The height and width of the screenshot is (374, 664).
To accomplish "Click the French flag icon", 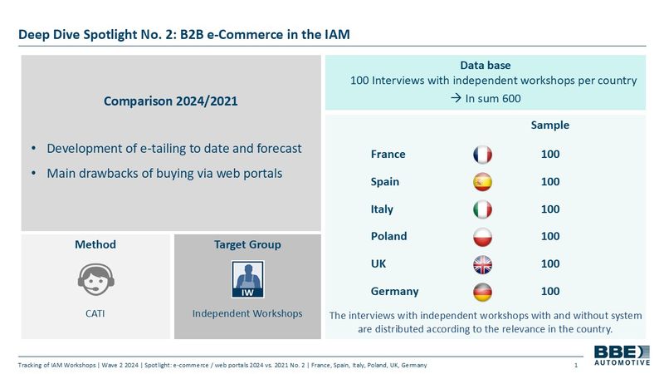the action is tap(482, 155).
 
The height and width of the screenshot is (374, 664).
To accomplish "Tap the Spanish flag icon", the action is tap(482, 182).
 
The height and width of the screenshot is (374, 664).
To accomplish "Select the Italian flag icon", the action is tap(482, 209).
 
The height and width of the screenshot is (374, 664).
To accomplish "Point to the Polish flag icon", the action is tap(482, 237).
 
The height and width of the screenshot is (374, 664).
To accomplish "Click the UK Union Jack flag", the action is tap(482, 264).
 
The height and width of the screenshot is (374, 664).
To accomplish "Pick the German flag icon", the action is tap(482, 293).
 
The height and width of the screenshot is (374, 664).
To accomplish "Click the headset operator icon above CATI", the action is tap(95, 279).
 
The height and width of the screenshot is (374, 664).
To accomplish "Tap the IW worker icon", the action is tap(247, 279).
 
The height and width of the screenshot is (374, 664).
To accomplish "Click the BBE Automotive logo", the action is tap(622, 356).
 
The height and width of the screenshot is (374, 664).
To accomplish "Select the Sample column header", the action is tap(550, 125).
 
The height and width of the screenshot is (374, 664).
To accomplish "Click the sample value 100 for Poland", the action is tap(550, 236).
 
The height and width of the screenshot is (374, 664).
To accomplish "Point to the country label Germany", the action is tap(395, 292).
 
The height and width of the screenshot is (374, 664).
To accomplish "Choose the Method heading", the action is tap(95, 244).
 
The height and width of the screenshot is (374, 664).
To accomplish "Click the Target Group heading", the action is tap(247, 244).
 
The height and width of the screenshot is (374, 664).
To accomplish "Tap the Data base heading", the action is tap(486, 66).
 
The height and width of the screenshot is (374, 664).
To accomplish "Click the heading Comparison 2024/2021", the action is tap(171, 101).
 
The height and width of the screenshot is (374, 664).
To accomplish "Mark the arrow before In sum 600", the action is tap(456, 98).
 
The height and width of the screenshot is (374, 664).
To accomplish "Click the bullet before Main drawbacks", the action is tap(33, 174).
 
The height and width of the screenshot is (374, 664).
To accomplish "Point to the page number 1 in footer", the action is tap(576, 365).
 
